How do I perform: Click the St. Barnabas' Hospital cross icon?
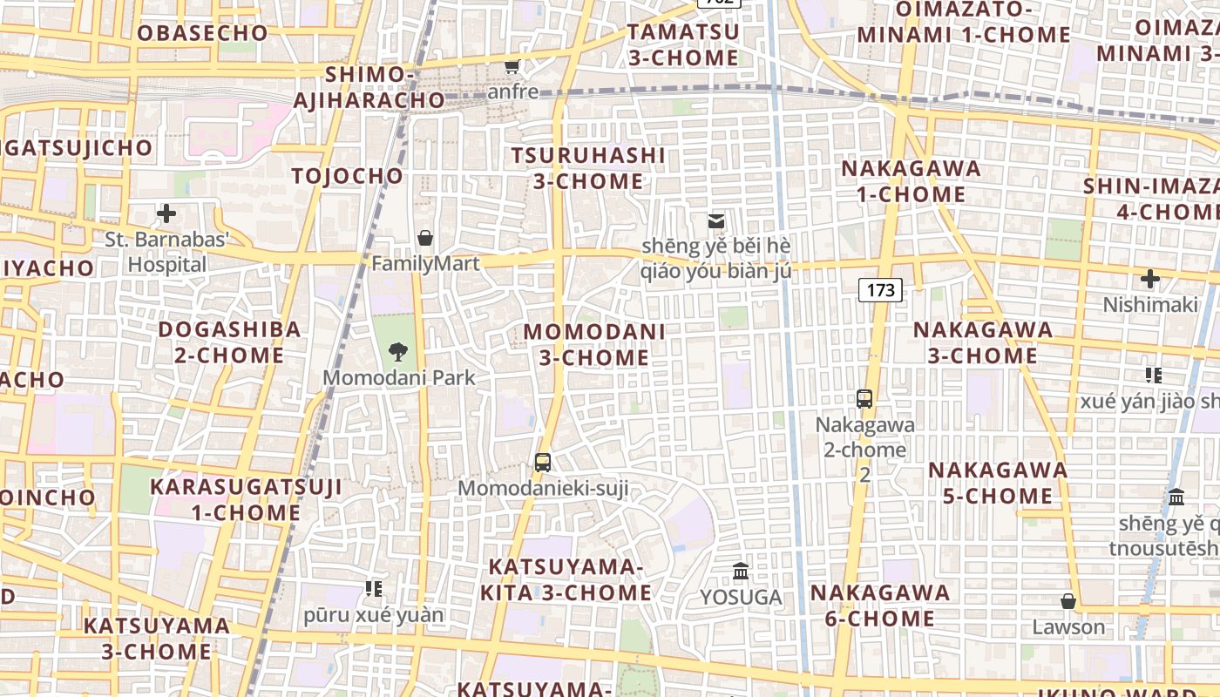[x=166, y=213]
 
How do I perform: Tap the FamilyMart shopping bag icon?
[x=425, y=238]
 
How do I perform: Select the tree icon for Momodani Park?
[x=398, y=352]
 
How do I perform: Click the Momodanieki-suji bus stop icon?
[x=543, y=463]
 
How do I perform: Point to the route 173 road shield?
[x=881, y=290]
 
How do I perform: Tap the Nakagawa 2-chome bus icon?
[x=864, y=399]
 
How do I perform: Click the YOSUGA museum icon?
[x=741, y=572]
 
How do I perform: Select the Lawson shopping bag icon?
[x=1068, y=601]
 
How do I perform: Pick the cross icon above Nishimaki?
[x=1150, y=280]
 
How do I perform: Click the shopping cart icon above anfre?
[x=512, y=66]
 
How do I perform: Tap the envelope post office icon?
[x=716, y=221]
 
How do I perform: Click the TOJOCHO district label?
[x=348, y=176]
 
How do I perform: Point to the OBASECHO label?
[x=202, y=33]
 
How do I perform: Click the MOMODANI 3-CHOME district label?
[x=594, y=344]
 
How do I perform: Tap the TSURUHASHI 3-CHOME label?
[x=588, y=168]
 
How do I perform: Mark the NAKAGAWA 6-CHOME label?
[x=880, y=606]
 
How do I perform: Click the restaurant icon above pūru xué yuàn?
[x=374, y=589]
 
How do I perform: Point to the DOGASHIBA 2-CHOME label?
[x=229, y=342]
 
